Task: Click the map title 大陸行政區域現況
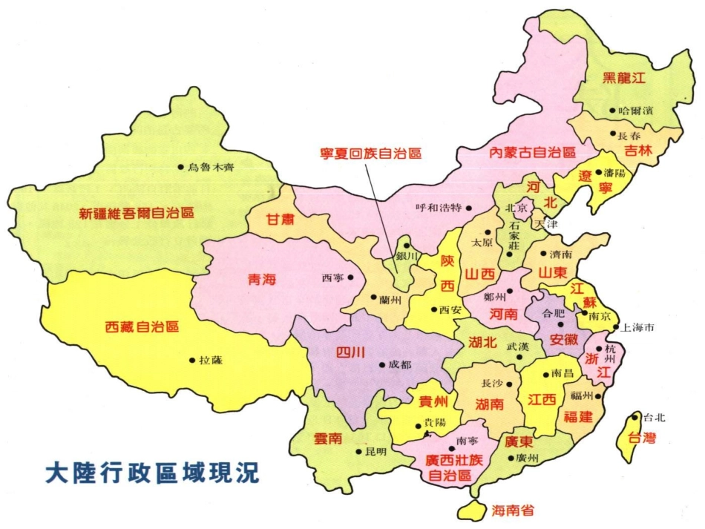(x=152, y=473)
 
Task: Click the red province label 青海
(x=261, y=280)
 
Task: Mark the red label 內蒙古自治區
(x=532, y=153)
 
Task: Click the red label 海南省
(x=513, y=510)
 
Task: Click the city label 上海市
(x=640, y=326)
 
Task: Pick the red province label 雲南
(x=326, y=438)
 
